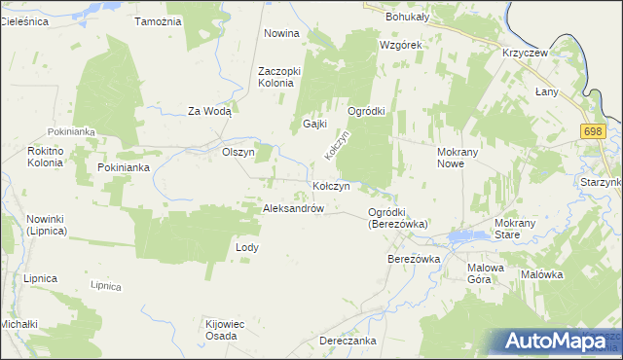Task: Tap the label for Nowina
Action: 281,33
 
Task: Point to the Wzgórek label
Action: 400,45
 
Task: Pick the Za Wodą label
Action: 209,111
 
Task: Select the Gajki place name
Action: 313,125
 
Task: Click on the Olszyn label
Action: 238,152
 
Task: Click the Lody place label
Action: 247,247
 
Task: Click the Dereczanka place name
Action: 348,341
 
